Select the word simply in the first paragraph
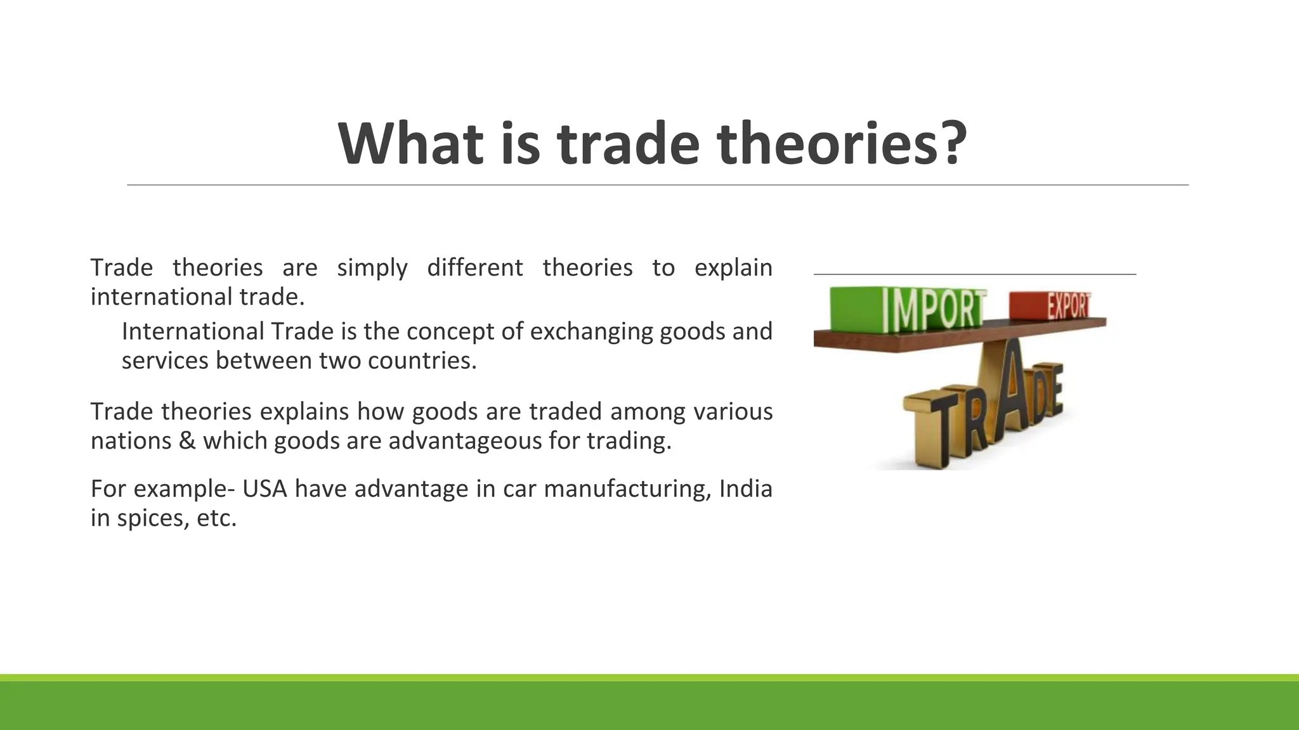click(372, 267)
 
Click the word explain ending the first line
click(733, 267)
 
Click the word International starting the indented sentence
click(193, 331)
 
